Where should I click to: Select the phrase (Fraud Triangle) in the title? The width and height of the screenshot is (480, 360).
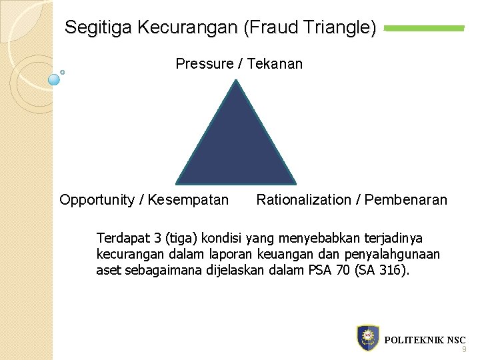click(311, 27)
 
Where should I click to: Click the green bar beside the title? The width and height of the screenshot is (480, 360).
click(425, 28)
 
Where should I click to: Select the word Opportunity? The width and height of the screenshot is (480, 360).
click(97, 200)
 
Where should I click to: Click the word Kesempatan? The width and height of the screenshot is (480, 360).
click(188, 200)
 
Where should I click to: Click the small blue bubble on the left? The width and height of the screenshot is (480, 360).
click(55, 79)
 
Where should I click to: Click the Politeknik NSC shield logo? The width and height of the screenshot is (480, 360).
click(368, 338)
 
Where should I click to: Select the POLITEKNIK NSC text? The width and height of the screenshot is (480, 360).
click(425, 339)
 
